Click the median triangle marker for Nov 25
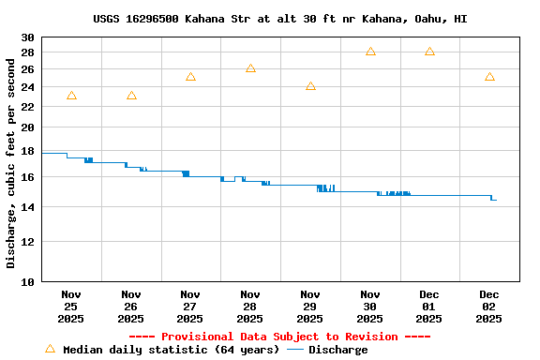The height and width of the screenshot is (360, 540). coord(71,96)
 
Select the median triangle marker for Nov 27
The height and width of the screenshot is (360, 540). coord(190,77)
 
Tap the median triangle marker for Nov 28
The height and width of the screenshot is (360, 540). coord(250,68)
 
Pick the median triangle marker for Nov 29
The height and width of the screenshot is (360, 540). coord(310,86)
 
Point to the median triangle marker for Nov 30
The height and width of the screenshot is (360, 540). coord(370,52)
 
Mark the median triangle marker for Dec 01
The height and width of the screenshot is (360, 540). coord(429,52)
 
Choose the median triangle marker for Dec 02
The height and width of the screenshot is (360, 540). coord(489,77)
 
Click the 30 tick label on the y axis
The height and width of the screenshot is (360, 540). coord(27,37)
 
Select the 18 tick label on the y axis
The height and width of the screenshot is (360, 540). coord(27,151)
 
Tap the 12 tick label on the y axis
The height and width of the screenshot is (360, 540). coord(27,242)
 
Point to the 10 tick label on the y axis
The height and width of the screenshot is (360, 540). coord(27,281)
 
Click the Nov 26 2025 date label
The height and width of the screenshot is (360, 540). coord(131,307)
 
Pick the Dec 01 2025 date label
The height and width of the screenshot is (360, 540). coord(429,307)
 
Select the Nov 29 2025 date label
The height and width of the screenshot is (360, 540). coord(310,307)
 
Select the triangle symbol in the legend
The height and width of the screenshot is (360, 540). coord(50,349)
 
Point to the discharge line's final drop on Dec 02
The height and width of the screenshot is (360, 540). coord(491,198)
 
